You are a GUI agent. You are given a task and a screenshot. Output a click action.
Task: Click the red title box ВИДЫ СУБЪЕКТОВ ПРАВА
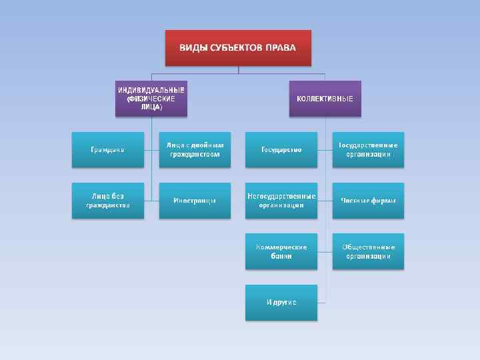tap(238, 47)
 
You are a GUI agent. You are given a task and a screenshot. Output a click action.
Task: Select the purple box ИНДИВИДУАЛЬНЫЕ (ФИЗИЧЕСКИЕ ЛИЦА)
tap(151, 99)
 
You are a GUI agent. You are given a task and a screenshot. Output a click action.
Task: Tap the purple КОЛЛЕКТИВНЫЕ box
tap(325, 99)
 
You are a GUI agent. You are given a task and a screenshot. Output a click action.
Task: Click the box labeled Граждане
tap(107, 149)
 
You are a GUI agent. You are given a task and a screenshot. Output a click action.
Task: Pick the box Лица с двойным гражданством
tap(195, 149)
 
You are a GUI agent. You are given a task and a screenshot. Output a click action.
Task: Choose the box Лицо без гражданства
tap(107, 200)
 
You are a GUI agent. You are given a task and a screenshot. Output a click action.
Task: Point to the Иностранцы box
tap(195, 200)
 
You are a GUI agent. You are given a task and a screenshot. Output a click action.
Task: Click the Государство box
tap(281, 149)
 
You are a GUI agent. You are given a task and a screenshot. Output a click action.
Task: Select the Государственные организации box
tap(368, 149)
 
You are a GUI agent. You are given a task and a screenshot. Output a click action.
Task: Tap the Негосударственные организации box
tap(281, 200)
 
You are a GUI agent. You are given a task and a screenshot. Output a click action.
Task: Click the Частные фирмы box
tap(368, 200)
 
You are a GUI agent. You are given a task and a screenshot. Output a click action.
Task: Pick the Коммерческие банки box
tap(281, 251)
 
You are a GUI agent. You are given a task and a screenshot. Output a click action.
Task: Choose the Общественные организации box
tap(368, 251)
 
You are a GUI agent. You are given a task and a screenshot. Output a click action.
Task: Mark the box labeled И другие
tap(281, 302)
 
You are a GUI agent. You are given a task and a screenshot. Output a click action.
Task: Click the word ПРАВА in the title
tap(281, 48)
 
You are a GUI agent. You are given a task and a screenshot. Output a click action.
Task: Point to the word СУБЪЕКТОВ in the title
tap(235, 48)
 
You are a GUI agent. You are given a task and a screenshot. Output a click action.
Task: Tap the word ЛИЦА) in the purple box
tap(151, 107)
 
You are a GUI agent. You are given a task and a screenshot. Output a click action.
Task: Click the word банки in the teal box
tap(281, 256)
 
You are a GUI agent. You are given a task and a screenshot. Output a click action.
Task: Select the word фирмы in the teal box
tap(383, 200)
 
